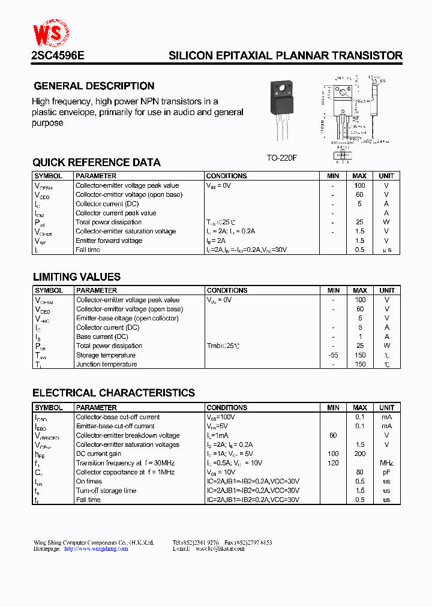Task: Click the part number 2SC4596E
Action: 58,56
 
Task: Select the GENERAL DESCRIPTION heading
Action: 94,86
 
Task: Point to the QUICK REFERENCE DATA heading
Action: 97,163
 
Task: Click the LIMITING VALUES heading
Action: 76,277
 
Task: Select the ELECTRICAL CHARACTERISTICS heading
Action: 113,393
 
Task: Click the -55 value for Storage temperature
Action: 333,355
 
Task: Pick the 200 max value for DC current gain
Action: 360,454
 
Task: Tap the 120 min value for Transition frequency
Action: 333,463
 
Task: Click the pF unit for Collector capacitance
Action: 386,472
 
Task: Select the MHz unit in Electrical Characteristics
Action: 386,463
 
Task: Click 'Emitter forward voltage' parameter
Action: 109,241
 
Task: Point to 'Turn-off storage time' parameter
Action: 106,491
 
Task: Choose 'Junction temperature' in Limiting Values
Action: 106,364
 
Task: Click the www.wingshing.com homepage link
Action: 96,548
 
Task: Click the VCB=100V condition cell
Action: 221,417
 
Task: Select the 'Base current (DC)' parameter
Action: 102,336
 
